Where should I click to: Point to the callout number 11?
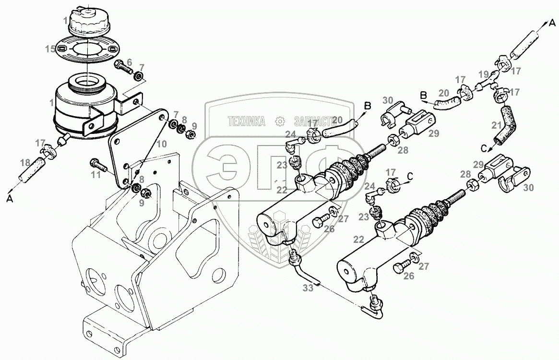96,175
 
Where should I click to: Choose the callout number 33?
308,289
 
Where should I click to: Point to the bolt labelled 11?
96,165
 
